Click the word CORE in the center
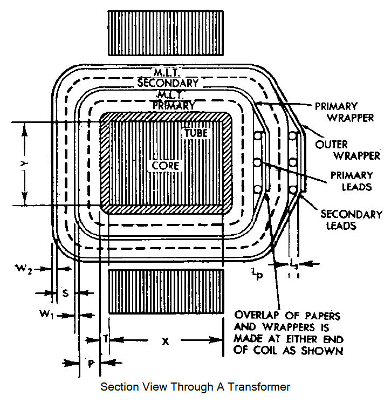click(165, 166)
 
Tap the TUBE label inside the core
click(196, 133)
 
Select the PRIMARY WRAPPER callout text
click(344, 112)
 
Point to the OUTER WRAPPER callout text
click(347, 150)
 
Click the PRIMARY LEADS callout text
click(352, 181)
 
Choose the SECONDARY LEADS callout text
click(352, 220)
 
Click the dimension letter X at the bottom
click(166, 341)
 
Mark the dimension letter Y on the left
click(25, 163)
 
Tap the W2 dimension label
click(24, 269)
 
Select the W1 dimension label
click(46, 314)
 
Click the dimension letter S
click(65, 293)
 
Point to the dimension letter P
click(91, 364)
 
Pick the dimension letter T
click(105, 339)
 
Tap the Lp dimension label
click(257, 274)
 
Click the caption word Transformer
click(259, 387)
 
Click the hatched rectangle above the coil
click(166, 33)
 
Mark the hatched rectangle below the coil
click(166, 291)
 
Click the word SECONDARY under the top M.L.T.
click(168, 83)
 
